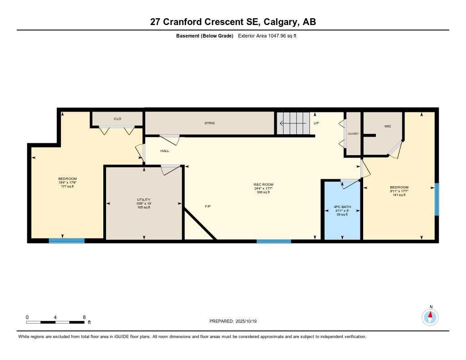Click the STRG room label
click(209, 123)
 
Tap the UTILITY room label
click(143, 200)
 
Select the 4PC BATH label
click(342, 207)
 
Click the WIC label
click(387, 126)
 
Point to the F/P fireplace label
click(208, 207)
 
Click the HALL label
click(165, 151)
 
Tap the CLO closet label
click(117, 119)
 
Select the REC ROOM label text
click(263, 184)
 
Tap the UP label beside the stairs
click(316, 123)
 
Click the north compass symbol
click(430, 317)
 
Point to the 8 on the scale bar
click(84, 317)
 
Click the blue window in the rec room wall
click(274, 241)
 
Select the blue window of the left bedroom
click(66, 241)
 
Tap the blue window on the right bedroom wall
click(436, 199)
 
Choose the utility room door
click(171, 169)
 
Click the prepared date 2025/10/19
click(248, 321)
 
